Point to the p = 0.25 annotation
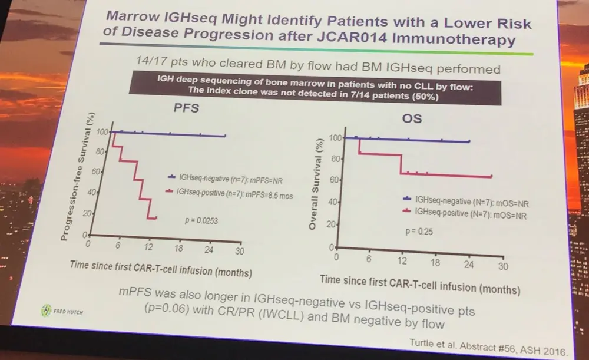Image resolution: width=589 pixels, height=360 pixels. tap(418, 232)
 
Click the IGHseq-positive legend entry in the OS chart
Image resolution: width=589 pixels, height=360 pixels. tap(468, 213)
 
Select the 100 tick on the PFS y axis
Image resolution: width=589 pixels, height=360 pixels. tap(102, 131)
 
